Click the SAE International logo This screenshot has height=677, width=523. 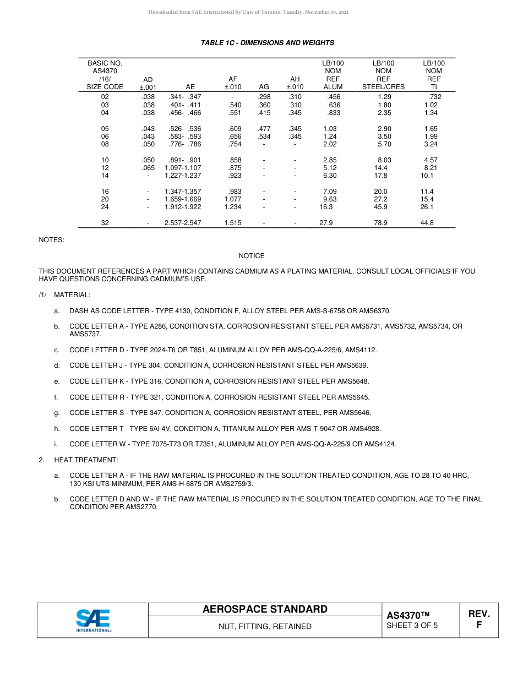94,620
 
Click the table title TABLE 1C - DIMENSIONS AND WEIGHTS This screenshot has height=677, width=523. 268,43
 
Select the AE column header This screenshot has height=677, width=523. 190,87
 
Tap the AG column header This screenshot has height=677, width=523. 264,87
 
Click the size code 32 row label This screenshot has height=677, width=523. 105,223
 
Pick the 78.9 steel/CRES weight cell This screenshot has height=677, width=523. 380,223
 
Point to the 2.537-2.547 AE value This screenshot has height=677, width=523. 183,223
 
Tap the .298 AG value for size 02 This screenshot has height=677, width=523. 264,97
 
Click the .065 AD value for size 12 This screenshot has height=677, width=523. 148,168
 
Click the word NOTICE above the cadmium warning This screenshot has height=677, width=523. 252,256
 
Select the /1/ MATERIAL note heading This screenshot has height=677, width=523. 64,296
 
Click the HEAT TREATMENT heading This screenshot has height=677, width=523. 86,460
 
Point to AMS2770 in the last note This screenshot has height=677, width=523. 140,507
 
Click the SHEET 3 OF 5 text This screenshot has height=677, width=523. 412,625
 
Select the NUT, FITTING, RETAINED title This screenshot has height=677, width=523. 265,626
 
